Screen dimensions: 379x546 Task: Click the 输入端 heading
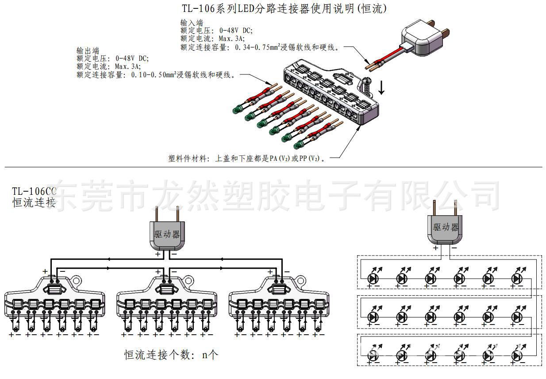click(192, 22)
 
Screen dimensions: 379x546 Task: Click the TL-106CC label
click(35, 191)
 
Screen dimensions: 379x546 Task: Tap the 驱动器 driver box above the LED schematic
click(446, 228)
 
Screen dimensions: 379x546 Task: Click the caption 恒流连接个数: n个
click(171, 355)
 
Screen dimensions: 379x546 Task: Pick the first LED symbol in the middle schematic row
click(373, 317)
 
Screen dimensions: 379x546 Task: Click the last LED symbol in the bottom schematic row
click(516, 356)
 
